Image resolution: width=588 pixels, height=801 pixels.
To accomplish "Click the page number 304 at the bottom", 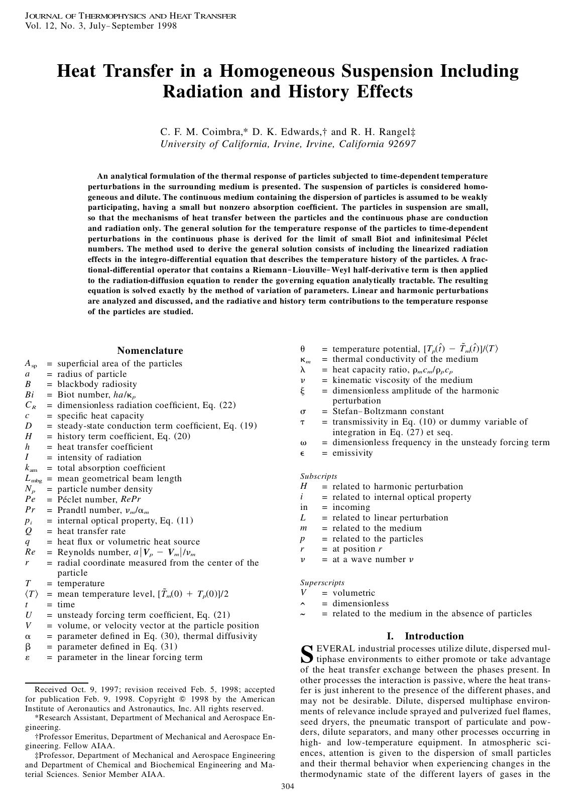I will pos(287,786).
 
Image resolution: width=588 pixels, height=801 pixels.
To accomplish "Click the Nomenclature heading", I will pos(150,351).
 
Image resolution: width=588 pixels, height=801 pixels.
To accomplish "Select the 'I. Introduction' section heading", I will pos(425,636).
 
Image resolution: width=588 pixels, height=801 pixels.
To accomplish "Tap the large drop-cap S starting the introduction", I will pos(306,653).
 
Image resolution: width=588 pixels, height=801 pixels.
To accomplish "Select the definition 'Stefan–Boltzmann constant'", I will pos(388,412).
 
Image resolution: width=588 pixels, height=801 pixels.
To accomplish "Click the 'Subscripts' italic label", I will pos(318,476).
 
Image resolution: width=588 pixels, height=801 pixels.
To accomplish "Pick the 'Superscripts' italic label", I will pos(322,583).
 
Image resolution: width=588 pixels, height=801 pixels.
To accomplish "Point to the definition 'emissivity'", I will pos(352,453).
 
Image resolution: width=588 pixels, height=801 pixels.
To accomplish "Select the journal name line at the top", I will pos(131,16).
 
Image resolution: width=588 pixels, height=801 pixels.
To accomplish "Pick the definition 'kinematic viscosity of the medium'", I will pos(402,380).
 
